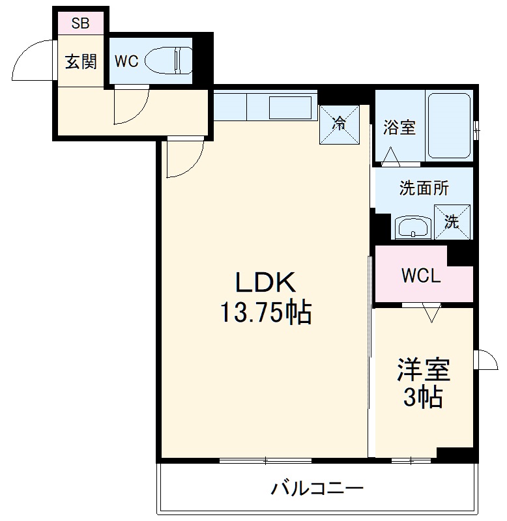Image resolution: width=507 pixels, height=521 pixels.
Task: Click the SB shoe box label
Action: pos(80,24)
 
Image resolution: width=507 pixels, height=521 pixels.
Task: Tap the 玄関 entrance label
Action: pos(80,61)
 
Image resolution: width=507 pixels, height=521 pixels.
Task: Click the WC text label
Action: pos(126,61)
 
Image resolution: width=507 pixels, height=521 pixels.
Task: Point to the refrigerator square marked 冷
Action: pos(339,124)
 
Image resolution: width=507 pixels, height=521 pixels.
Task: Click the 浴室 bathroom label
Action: pos(399,128)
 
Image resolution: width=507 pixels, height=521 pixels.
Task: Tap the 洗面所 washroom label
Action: pos(424,188)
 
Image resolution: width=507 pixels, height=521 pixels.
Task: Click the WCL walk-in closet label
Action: pos(420,275)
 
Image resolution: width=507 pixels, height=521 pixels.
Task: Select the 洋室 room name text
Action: pos(424,371)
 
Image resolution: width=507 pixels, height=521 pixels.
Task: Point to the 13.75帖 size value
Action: pos(265,314)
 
